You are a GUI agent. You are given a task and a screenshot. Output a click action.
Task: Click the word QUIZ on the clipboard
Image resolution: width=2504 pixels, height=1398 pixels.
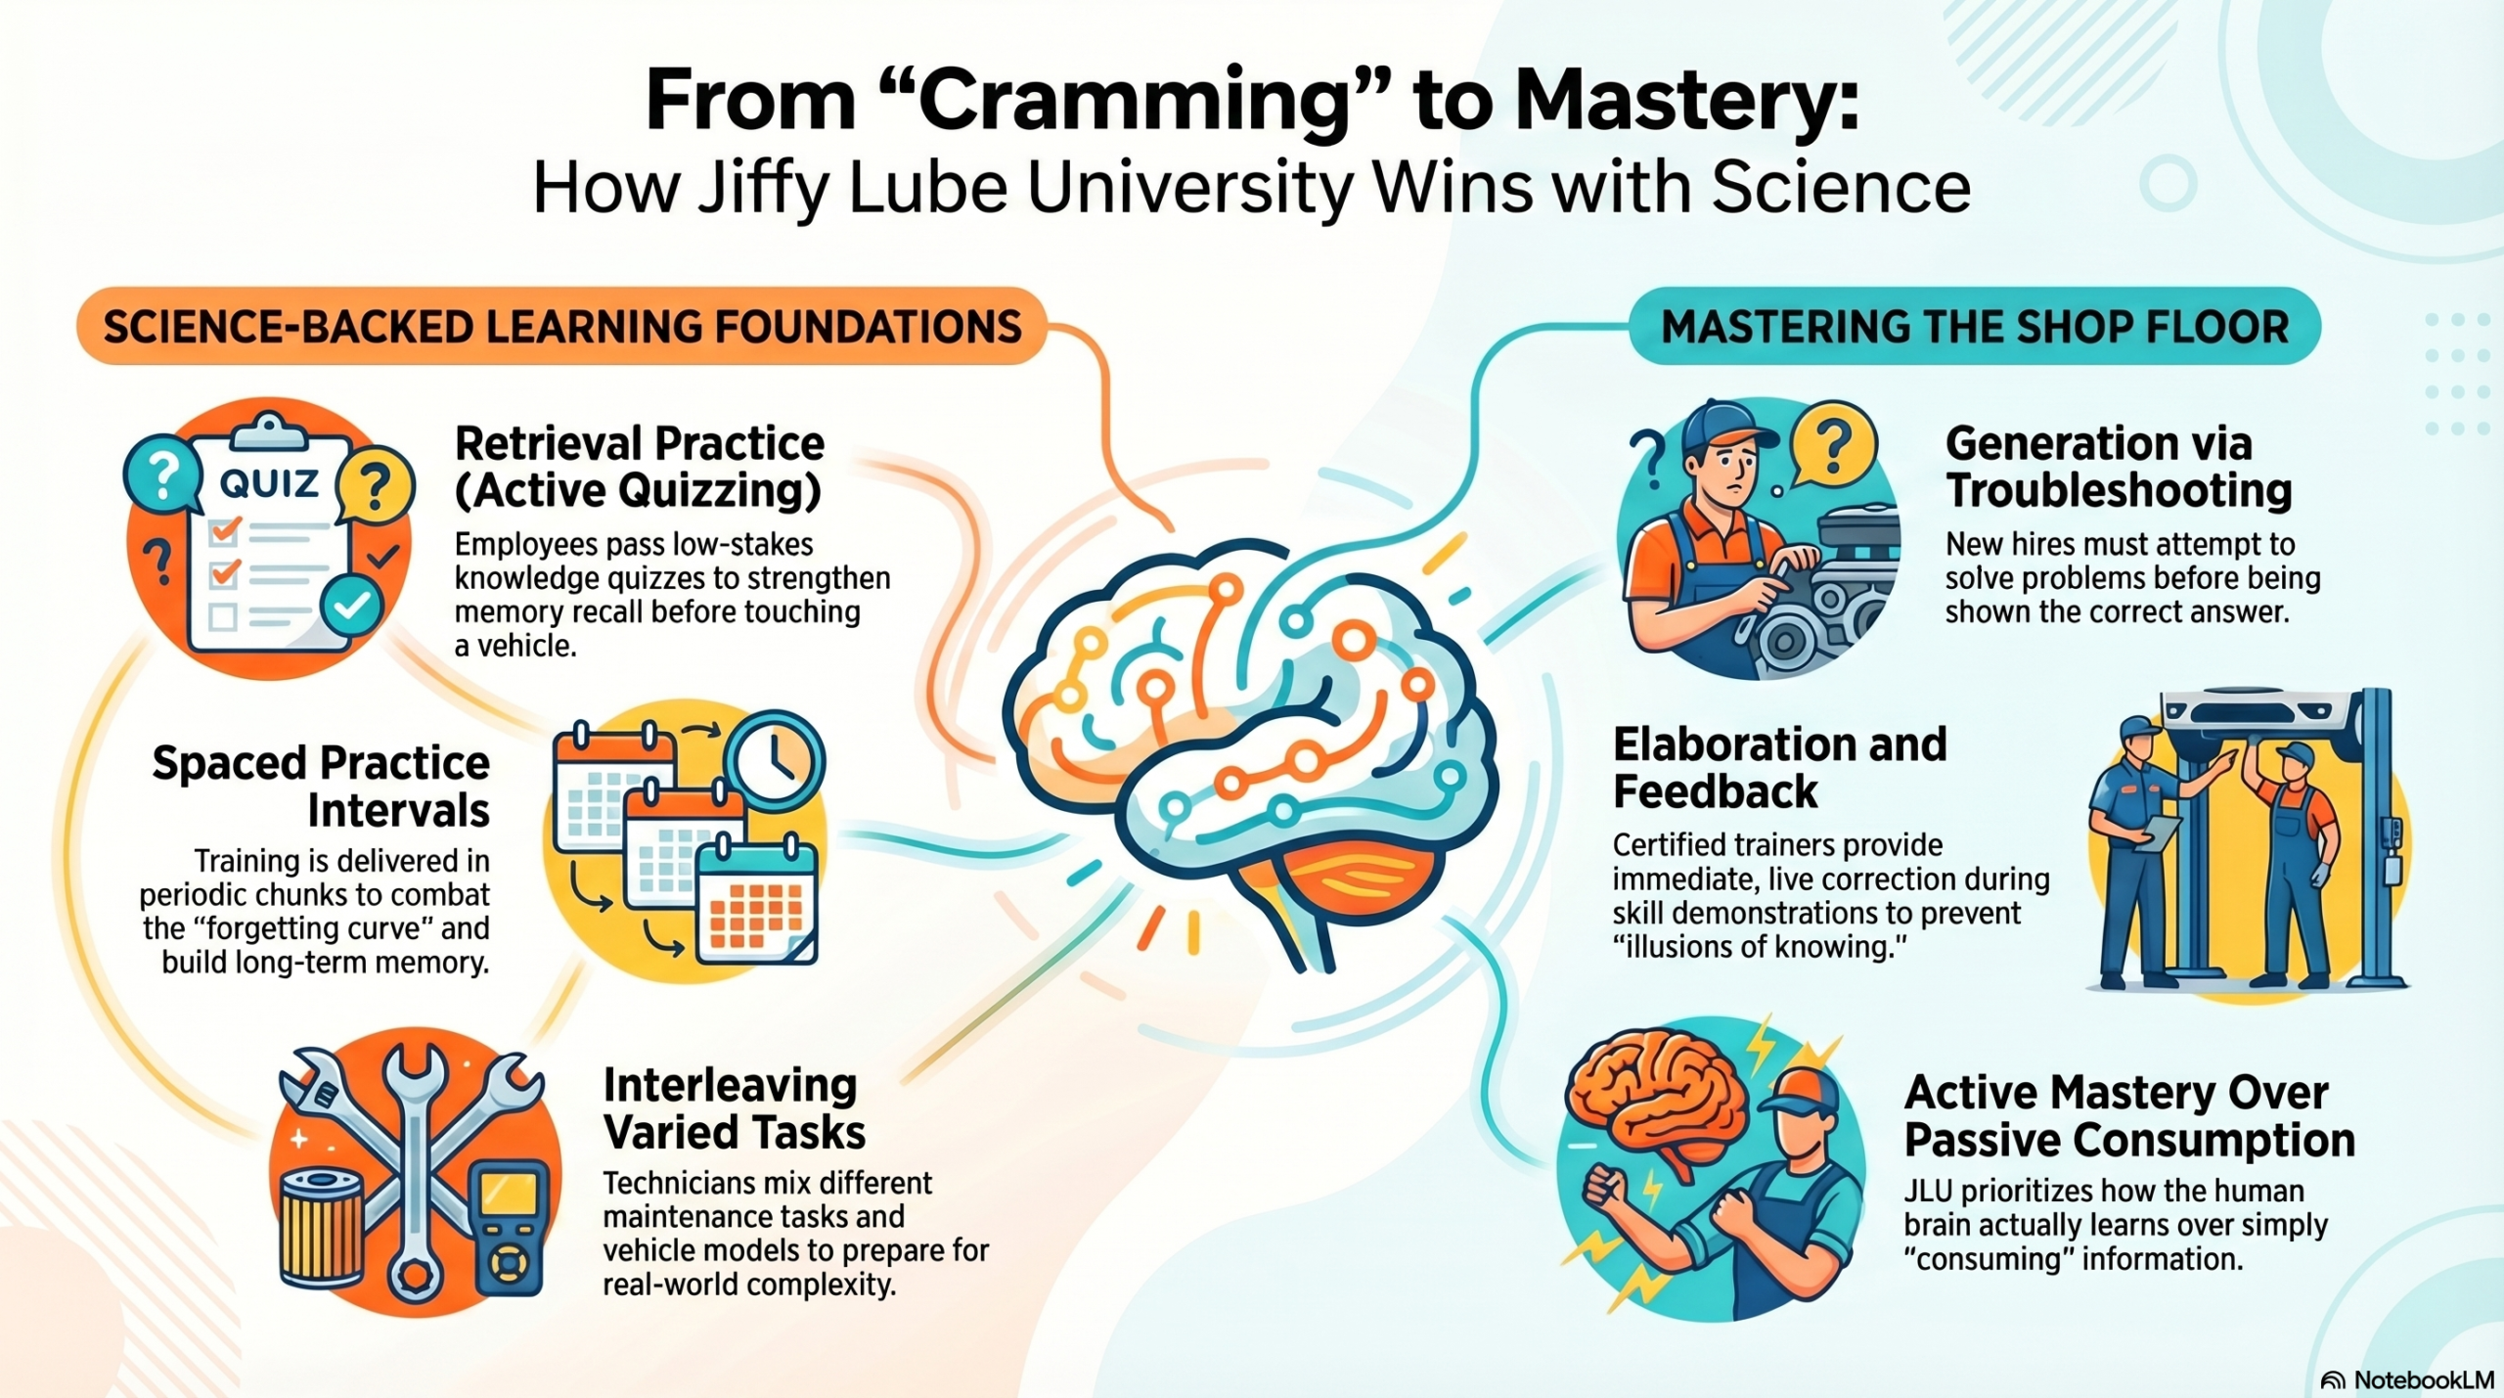(269, 482)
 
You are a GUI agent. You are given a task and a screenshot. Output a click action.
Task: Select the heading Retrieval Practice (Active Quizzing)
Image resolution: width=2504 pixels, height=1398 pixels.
(639, 467)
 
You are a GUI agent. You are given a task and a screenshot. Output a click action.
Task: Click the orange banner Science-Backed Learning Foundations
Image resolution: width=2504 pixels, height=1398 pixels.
(561, 327)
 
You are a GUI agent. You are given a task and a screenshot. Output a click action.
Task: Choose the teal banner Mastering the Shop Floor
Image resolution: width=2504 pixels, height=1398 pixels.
(1974, 327)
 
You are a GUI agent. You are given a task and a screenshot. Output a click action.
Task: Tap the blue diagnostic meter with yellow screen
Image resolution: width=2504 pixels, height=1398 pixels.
(509, 1225)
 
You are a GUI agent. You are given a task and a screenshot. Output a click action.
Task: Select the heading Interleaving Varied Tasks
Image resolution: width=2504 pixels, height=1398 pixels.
(734, 1108)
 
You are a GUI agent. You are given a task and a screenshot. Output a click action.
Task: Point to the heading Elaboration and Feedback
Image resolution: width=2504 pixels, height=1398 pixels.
(1779, 768)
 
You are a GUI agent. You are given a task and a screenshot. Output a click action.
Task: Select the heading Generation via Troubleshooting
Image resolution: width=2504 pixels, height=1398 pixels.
(2118, 467)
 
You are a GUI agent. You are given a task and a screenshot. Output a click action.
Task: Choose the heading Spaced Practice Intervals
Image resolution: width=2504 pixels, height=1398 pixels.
(321, 787)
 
